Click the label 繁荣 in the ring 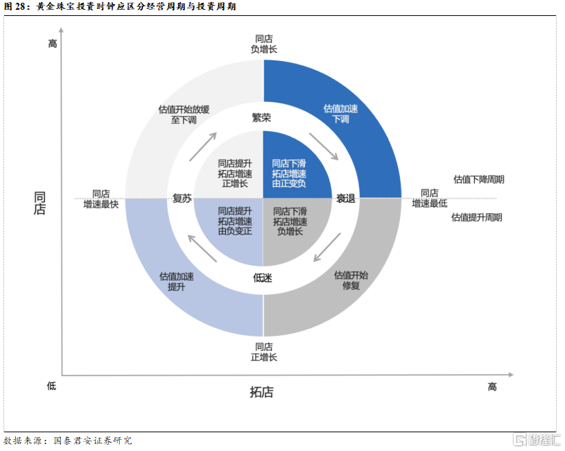261,117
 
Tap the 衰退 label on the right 345,198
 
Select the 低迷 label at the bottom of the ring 262,278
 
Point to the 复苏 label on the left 182,198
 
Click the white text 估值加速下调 340,114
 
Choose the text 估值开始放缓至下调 184,114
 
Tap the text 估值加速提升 177,282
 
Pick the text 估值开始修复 351,280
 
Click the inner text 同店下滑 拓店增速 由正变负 289,173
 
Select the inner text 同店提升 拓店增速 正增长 235,173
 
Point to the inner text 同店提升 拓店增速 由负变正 235,221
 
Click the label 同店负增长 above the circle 263,44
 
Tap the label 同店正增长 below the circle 263,352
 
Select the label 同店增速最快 101,199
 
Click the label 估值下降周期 478,179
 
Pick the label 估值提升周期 477,217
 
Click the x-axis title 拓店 261,392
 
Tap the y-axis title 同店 40,203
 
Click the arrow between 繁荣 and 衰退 324,146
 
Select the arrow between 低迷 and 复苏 202,248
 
